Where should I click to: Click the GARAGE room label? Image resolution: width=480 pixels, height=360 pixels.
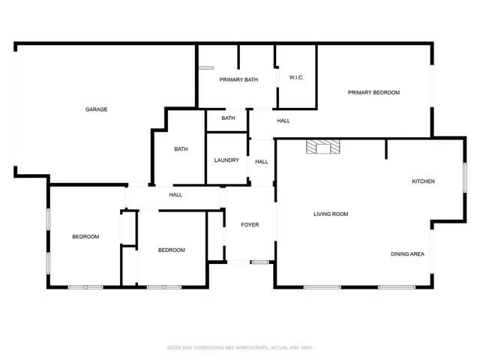(96, 109)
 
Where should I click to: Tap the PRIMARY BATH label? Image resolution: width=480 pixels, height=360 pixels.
(238, 80)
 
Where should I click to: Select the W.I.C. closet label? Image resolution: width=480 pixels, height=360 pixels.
(296, 77)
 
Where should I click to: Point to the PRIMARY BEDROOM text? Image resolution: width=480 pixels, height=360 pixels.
(373, 92)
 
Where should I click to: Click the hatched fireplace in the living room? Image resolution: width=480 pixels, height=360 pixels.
(323, 147)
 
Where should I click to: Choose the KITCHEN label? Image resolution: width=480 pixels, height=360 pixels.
(423, 181)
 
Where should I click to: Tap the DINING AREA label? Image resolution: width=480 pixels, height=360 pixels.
(407, 254)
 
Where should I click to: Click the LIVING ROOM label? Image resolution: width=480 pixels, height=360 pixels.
(331, 214)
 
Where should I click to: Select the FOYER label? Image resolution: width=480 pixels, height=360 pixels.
(250, 225)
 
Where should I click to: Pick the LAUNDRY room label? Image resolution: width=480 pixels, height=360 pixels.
(226, 160)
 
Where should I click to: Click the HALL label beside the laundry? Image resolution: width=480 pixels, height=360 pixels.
(262, 162)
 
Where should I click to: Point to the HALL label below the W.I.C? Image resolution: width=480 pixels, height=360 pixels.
(283, 121)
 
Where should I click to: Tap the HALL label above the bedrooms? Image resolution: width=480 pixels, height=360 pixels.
(175, 195)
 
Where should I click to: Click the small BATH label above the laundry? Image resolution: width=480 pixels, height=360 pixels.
(228, 118)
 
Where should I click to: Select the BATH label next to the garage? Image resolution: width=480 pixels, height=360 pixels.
(181, 149)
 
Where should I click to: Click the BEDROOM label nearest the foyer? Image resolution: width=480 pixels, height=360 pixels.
(172, 250)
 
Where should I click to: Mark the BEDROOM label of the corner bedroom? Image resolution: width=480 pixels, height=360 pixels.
(85, 237)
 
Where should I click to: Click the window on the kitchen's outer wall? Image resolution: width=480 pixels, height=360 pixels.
(465, 178)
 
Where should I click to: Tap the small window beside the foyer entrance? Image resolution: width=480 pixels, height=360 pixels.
(259, 262)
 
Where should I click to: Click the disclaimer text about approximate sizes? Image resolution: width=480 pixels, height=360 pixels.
(240, 348)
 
